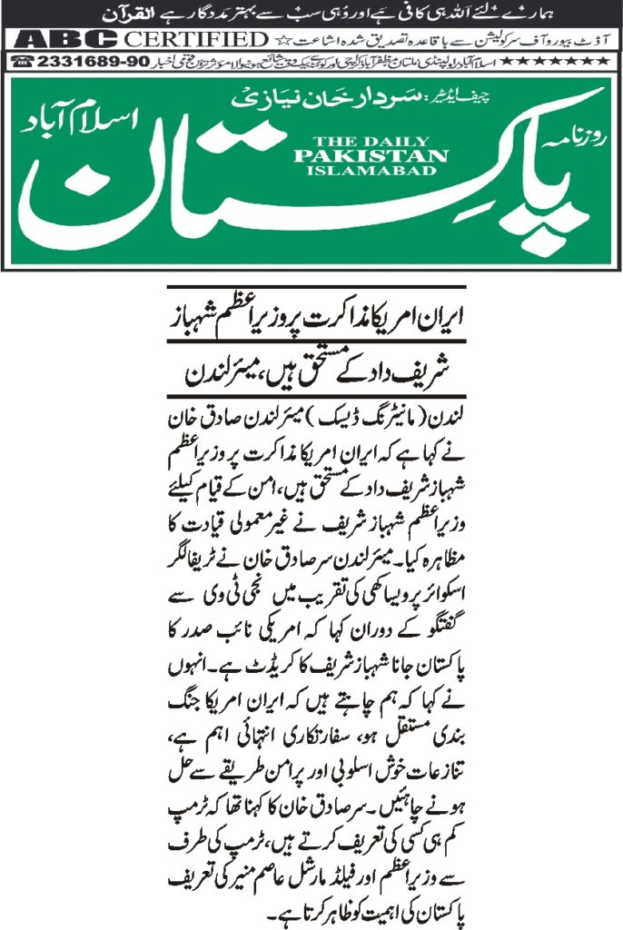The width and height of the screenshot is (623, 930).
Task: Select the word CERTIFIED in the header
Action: (196, 39)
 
